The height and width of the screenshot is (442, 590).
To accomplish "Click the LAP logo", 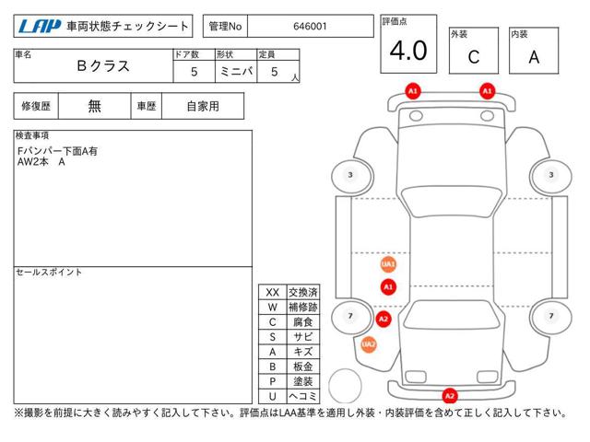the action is (40, 27).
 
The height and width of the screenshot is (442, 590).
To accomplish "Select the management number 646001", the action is (310, 27).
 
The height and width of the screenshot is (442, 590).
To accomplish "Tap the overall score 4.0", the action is (408, 51).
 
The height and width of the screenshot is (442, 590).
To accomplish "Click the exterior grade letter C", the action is (474, 57).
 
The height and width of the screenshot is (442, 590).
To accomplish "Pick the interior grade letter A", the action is (534, 57).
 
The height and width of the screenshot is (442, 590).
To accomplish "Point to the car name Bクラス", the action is (103, 66).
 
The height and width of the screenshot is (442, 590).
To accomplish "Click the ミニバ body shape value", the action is (236, 72).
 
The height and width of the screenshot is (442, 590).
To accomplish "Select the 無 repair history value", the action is (94, 106).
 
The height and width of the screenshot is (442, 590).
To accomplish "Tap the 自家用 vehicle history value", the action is (203, 107).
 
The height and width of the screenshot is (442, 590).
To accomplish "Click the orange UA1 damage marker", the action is (388, 264).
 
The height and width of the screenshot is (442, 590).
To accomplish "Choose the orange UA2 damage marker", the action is (369, 344).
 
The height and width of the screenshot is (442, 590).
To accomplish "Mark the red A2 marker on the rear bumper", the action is (450, 396).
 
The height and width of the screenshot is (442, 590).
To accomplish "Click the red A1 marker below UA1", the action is (388, 287).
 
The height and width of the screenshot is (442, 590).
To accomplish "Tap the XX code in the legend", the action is (273, 293).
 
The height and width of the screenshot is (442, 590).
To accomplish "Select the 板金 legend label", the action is (303, 366).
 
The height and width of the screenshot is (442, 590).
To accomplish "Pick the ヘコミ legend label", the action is (303, 396).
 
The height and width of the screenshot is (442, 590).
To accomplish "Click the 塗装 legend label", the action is (303, 381).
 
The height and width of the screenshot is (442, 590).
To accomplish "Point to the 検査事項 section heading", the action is (32, 135).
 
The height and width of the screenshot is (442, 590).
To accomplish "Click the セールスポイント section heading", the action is (49, 273).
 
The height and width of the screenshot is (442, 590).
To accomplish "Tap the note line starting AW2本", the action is (41, 162).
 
